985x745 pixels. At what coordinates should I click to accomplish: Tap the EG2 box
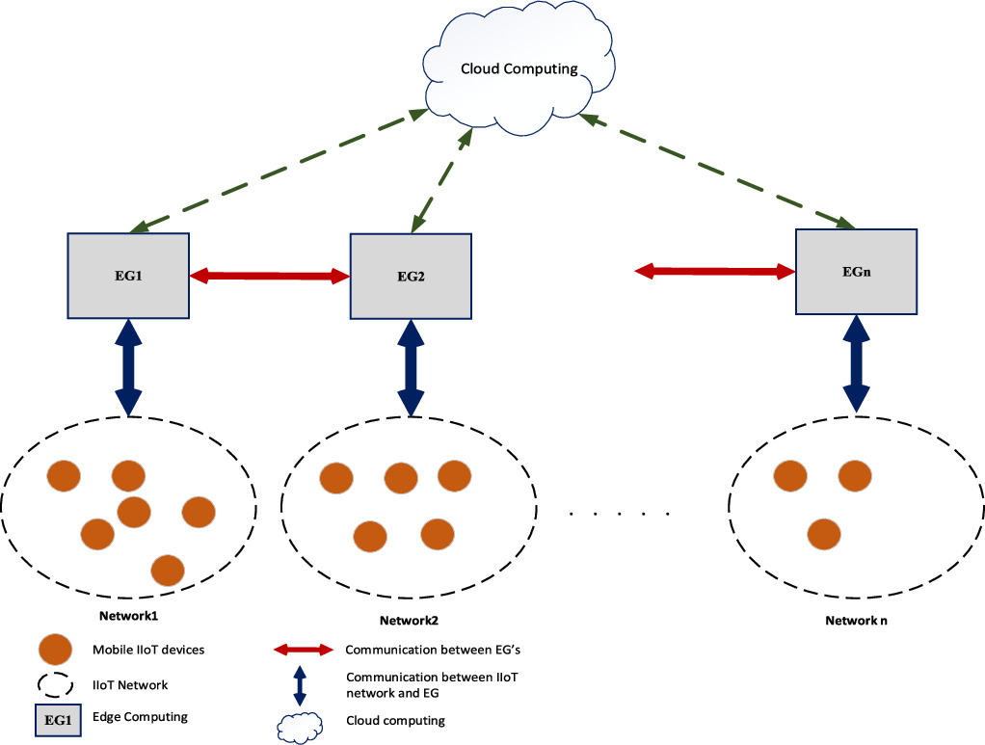point(412,277)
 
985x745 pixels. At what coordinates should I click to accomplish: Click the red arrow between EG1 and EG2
point(270,277)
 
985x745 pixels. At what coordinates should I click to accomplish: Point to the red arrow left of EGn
point(714,273)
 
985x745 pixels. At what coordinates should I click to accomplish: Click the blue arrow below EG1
point(129,368)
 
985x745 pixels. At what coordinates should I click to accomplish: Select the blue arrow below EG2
point(412,368)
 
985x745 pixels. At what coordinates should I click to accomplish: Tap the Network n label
point(856,621)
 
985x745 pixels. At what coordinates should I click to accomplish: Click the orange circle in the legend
point(54,650)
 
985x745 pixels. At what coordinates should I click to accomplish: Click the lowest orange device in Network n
point(822,533)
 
